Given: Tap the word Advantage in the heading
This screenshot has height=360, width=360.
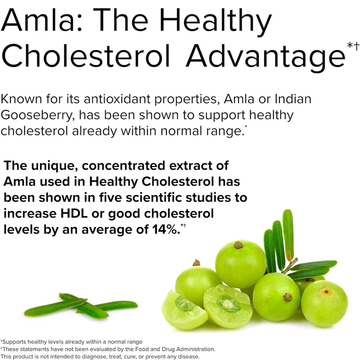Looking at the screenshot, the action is click(265, 56).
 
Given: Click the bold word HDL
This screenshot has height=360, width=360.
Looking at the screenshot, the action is click(74, 213).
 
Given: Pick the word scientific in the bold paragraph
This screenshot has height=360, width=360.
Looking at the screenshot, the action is click(153, 198).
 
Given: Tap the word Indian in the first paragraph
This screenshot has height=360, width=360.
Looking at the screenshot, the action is click(293, 99).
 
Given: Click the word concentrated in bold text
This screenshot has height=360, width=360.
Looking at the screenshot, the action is click(123, 166).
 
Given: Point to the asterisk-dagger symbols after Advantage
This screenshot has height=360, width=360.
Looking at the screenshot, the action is click(353, 46).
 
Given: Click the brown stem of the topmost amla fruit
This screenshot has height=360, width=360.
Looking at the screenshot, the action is click(238, 245).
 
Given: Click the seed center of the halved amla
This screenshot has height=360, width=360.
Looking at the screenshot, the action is click(228, 303).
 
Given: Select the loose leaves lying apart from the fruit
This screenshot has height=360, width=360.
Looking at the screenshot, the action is click(81, 306).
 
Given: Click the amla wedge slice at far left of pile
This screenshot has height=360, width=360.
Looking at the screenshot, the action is click(184, 310).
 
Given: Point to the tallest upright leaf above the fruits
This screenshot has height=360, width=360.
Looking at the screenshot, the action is click(288, 234).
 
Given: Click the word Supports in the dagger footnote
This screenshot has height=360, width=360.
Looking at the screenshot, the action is click(14, 342).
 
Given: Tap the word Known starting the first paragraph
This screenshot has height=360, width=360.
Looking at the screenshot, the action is click(21, 99).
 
